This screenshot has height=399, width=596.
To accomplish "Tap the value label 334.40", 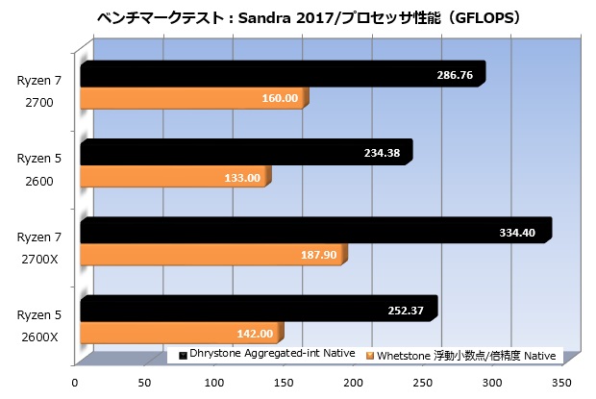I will click(521, 230).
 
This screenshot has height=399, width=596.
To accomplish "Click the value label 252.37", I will click(409, 309).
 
